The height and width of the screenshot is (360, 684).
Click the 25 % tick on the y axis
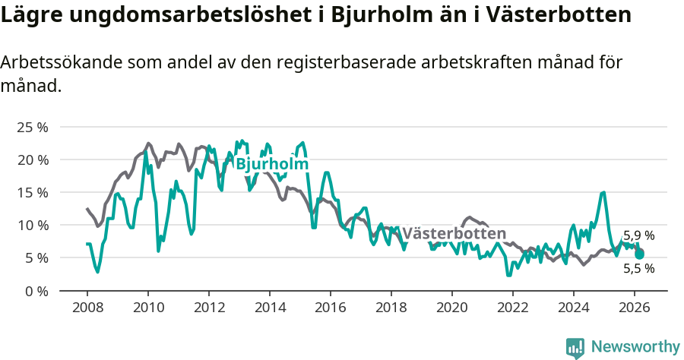pyautogui.click(x=31, y=127)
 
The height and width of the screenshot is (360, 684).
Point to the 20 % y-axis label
pyautogui.click(x=31, y=159)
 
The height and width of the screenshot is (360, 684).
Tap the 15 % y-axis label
pyautogui.click(x=31, y=192)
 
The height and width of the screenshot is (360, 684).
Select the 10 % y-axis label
pyautogui.click(x=31, y=225)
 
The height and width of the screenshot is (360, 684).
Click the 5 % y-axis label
pyautogui.click(x=34, y=257)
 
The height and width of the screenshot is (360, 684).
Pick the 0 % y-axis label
pyautogui.click(x=34, y=290)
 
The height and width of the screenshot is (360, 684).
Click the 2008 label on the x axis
pyautogui.click(x=87, y=308)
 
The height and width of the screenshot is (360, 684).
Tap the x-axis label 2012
pyautogui.click(x=208, y=308)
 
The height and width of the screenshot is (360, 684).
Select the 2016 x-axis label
pyautogui.click(x=330, y=308)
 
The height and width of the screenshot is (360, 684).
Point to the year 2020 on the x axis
pyautogui.click(x=451, y=308)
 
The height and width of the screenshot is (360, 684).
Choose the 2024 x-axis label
pyautogui.click(x=573, y=308)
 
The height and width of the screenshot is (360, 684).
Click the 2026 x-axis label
pyautogui.click(x=634, y=308)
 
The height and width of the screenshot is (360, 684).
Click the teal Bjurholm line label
pyautogui.click(x=271, y=164)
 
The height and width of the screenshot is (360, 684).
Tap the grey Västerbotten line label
pyautogui.click(x=454, y=233)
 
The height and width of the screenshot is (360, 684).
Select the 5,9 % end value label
pyautogui.click(x=638, y=235)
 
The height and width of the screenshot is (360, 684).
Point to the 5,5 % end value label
pyautogui.click(x=638, y=268)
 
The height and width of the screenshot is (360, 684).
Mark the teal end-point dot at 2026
pyautogui.click(x=640, y=254)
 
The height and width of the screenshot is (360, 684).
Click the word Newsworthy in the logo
pyautogui.click(x=635, y=347)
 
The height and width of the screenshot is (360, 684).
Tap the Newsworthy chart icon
pyautogui.click(x=575, y=347)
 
